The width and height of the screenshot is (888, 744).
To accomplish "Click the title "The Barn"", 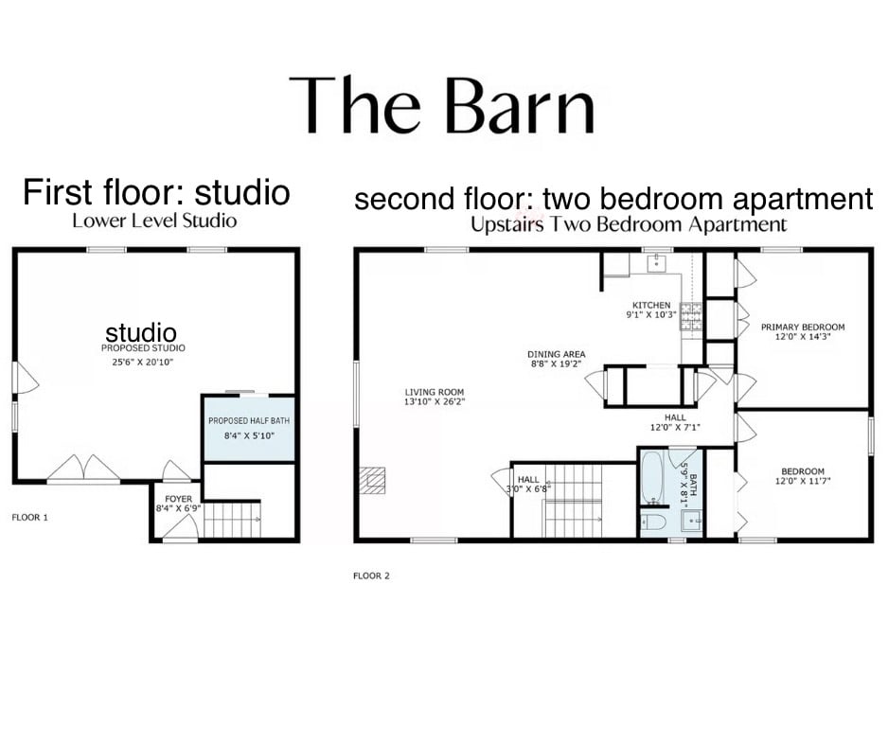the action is pos(442,105).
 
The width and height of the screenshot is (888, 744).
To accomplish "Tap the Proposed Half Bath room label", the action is pos(249,420).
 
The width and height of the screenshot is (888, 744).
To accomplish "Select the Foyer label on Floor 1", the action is pos(178,499).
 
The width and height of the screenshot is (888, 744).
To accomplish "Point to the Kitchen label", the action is pos(651,305).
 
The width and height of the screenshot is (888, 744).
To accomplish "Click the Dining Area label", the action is pos(556,354).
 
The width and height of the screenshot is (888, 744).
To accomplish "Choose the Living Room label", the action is pos(435,392).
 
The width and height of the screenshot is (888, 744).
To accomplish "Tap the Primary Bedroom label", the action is pos(803,327).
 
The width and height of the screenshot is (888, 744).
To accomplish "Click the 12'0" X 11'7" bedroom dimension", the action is pos(803,481).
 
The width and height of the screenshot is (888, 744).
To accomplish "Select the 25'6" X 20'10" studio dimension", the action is pos(142,362).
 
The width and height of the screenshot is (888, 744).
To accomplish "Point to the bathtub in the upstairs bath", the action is pos(652,477).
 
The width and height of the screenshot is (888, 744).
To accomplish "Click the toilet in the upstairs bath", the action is pos(653,521).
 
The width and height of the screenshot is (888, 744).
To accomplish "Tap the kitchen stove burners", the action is pos(691,316).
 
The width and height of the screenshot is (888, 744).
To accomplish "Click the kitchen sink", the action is pos(657,262).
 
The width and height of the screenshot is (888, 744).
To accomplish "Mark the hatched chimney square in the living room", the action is pos(372,480).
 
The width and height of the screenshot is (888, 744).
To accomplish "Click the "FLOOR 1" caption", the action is pos(30,517).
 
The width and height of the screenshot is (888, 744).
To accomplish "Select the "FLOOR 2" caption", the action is pos(371,576).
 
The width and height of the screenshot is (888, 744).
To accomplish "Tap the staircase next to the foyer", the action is pos(232,520).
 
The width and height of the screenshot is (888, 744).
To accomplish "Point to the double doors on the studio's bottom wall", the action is pos(84,469).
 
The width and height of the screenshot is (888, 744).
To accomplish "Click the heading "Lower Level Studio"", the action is pos(154,221).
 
